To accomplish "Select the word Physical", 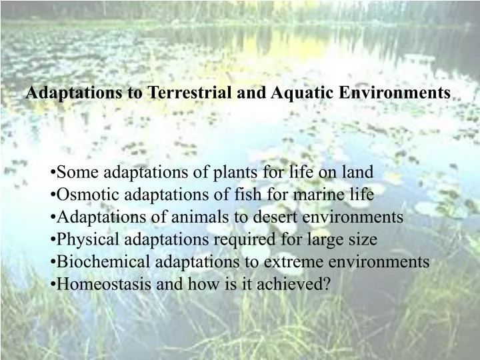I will point(85,239).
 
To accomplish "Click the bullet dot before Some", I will point(53,173).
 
